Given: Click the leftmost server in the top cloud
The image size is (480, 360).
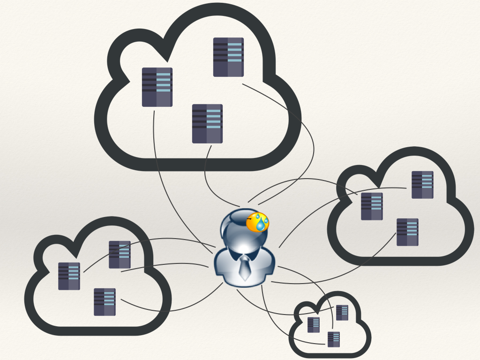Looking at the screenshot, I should (x=157, y=87).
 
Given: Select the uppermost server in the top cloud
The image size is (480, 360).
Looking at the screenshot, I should (x=228, y=57).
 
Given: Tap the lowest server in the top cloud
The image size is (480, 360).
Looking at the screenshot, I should (x=207, y=124).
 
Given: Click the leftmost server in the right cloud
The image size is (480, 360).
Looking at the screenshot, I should (x=372, y=206).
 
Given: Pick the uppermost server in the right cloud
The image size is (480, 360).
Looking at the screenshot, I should (x=422, y=185).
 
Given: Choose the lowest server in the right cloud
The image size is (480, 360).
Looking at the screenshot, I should (x=407, y=232).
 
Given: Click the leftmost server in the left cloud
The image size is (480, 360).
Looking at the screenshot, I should (x=69, y=276).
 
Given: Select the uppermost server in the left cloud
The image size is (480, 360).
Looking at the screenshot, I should (x=120, y=255).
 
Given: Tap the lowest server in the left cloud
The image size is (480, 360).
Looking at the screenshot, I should (x=105, y=302).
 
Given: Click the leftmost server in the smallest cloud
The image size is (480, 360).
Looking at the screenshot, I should (x=313, y=325).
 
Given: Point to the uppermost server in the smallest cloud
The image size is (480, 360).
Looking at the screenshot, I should (x=342, y=313).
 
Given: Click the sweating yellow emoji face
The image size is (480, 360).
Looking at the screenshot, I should (x=257, y=222).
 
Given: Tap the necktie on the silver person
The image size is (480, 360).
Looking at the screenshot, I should (x=244, y=269).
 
